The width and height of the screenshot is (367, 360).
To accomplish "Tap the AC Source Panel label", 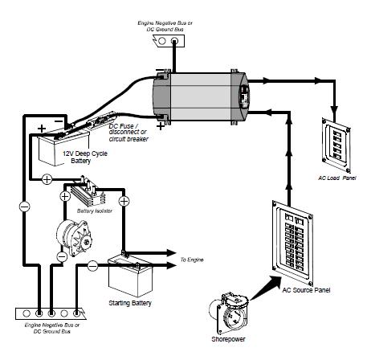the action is click(x=306, y=290).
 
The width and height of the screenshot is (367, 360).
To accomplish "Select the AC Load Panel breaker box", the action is click(x=336, y=145).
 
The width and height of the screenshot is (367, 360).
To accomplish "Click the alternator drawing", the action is click(x=74, y=238).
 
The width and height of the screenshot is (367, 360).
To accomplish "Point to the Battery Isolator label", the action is click(x=95, y=211).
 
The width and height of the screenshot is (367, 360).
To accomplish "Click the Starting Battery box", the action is click(x=131, y=276).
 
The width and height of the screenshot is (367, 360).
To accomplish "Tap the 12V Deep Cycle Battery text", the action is click(x=85, y=157).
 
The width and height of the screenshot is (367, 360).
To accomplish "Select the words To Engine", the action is click(x=192, y=260).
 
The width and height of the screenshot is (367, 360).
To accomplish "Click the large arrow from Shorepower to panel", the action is click(x=265, y=288).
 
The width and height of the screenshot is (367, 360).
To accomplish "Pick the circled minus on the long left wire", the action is click(x=24, y=207).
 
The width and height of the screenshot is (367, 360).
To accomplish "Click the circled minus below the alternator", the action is click(x=62, y=257).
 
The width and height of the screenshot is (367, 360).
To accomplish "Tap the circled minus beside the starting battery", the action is click(x=92, y=266).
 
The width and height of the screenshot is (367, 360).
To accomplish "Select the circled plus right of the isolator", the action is click(x=124, y=201).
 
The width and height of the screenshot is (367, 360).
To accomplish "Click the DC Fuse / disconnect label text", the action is click(x=128, y=133).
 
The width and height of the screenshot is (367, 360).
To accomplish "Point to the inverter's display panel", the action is click(x=244, y=96).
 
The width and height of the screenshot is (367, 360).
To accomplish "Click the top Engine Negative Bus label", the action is click(x=165, y=27).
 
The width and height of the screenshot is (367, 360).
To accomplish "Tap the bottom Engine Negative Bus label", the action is click(x=52, y=328).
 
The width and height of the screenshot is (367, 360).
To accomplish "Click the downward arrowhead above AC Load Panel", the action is click(x=334, y=111).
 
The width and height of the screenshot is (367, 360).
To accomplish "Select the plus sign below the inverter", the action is click(x=161, y=126).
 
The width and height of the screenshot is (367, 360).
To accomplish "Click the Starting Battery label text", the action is click(x=130, y=303).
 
